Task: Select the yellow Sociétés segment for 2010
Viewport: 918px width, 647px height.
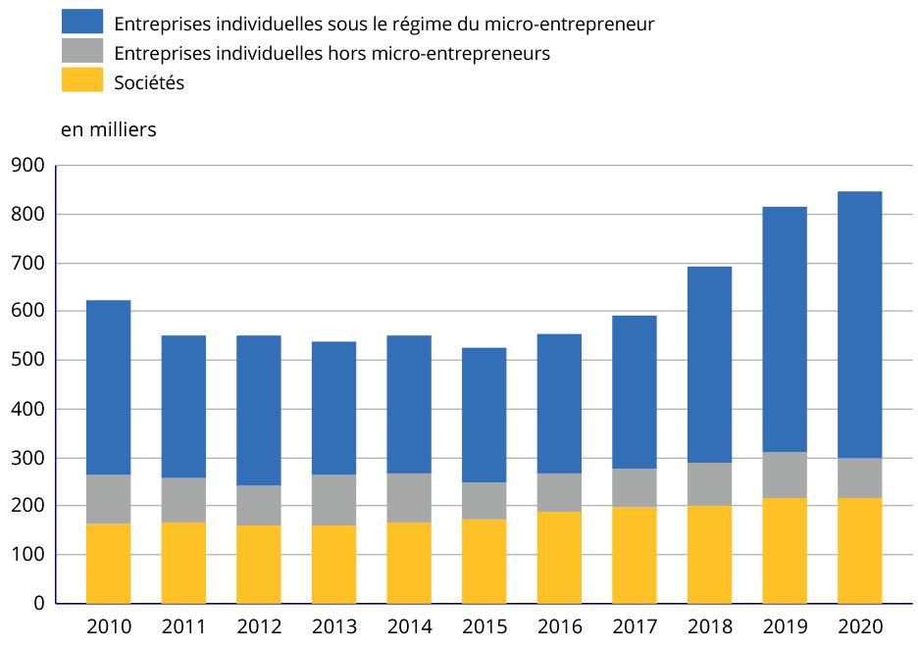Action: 108,564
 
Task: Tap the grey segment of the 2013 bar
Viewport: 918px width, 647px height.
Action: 333,500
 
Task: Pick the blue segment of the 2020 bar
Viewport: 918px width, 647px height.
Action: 859,324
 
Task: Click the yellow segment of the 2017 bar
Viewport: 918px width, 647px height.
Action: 634,555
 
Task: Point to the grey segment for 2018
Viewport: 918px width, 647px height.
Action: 709,484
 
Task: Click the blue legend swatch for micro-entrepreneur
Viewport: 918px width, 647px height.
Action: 81,22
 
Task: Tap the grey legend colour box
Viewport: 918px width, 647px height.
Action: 81,52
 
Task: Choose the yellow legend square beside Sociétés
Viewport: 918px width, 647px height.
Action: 81,82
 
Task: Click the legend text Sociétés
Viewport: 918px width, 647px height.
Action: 149,83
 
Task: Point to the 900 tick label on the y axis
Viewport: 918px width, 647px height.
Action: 28,166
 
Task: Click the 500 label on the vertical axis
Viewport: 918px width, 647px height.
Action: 28,360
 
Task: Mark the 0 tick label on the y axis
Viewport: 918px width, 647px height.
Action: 39,604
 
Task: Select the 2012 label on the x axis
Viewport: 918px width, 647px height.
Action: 258,626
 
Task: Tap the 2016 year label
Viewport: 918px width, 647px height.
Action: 559,626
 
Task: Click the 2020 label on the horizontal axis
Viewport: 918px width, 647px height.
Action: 859,626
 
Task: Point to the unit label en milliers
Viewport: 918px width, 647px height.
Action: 108,129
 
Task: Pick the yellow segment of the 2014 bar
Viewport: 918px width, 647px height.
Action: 408,563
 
